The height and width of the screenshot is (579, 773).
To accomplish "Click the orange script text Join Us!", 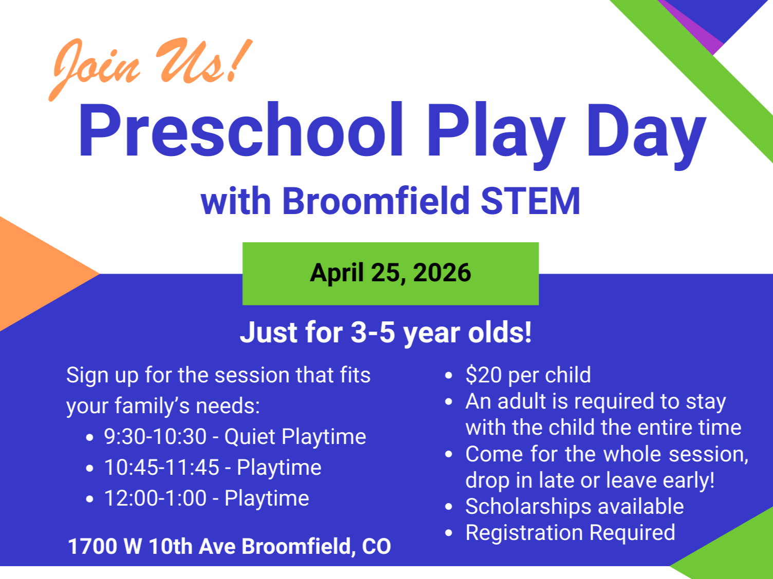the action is (x=151, y=69).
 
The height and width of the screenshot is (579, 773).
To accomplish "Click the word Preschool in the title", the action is (x=240, y=129).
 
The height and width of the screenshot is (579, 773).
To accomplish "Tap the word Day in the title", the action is (x=646, y=136).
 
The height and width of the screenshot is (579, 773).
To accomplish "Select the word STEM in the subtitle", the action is (x=530, y=201).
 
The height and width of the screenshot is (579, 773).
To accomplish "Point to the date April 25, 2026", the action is (x=390, y=273).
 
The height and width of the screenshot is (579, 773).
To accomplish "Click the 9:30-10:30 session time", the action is (x=155, y=437).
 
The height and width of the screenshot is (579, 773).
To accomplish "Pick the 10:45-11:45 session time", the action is (x=162, y=468).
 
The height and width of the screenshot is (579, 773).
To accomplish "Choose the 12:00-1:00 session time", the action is (x=155, y=498).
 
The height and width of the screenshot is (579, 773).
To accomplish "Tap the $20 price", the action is (x=484, y=375).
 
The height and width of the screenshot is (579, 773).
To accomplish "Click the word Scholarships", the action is (x=529, y=507).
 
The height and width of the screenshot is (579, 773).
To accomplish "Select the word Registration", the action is (x=524, y=533).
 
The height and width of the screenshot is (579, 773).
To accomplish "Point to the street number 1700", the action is (x=93, y=547).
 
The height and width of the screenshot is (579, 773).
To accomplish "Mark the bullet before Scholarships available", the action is (x=449, y=507).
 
